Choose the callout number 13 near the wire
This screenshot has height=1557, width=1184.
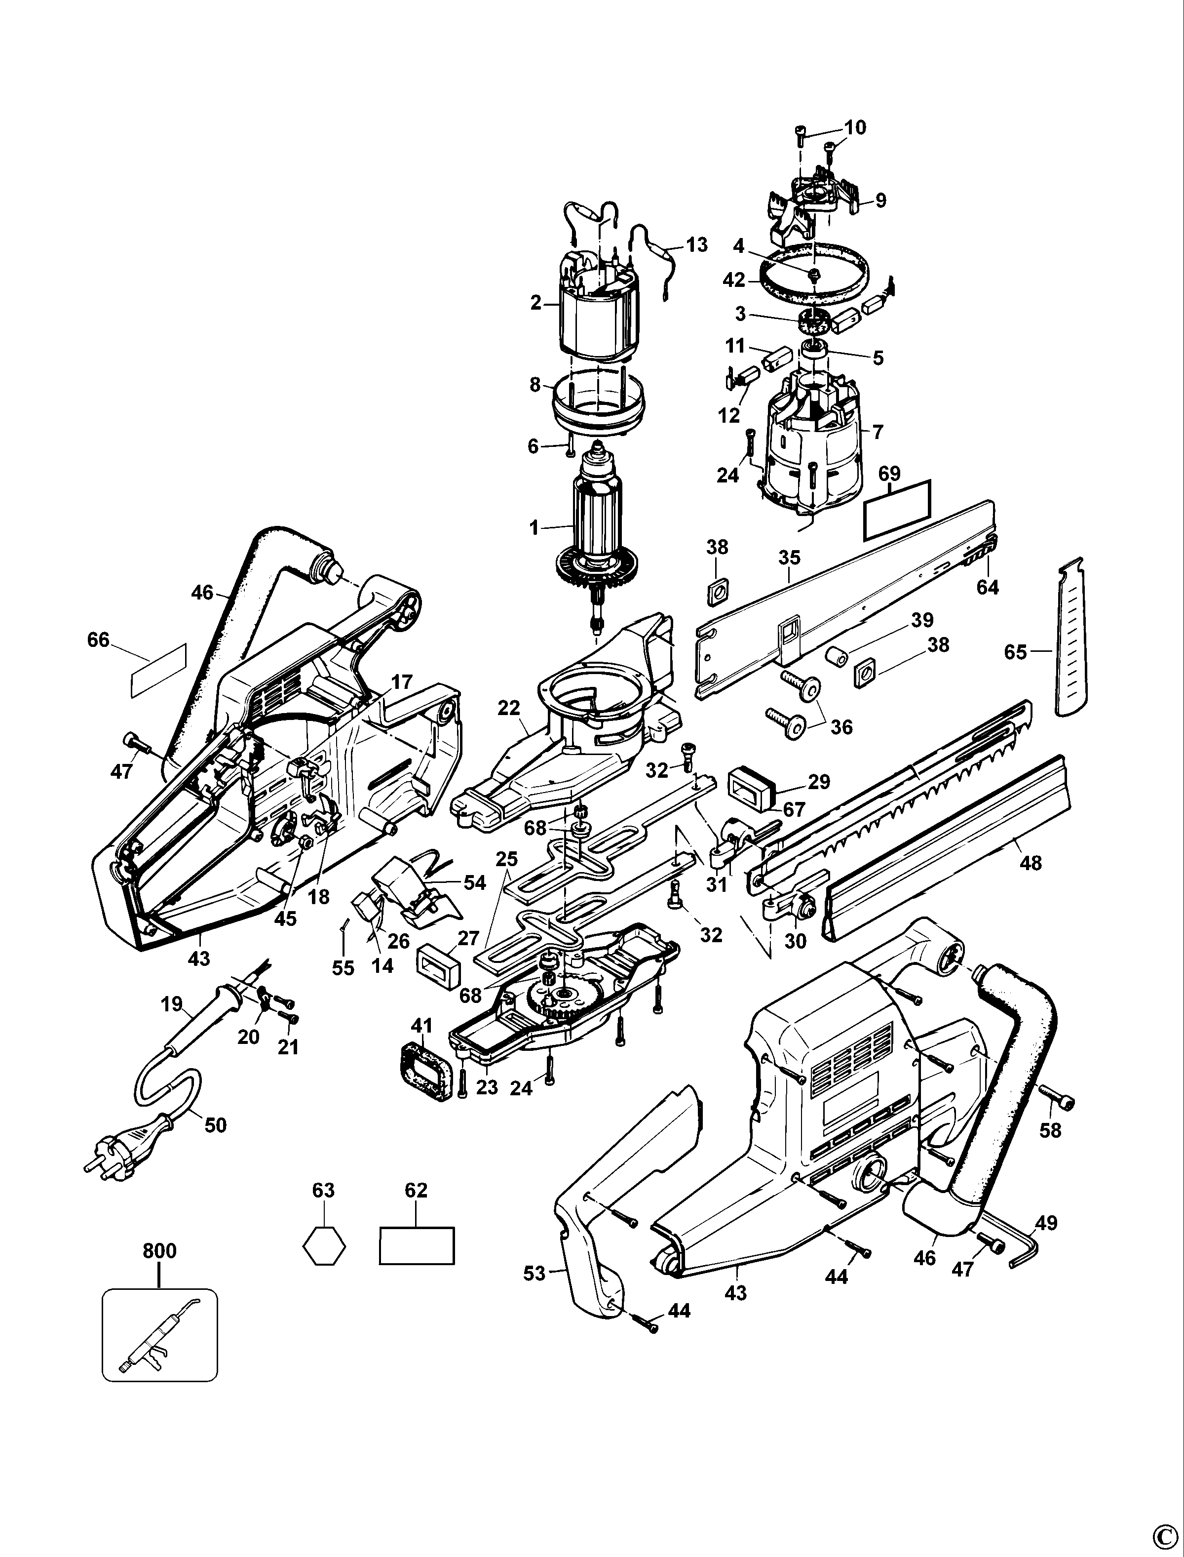point(696,245)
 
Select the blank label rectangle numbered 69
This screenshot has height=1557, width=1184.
point(897,509)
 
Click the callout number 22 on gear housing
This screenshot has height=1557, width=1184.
point(508,708)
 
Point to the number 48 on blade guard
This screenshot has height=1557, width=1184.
point(1031,862)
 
